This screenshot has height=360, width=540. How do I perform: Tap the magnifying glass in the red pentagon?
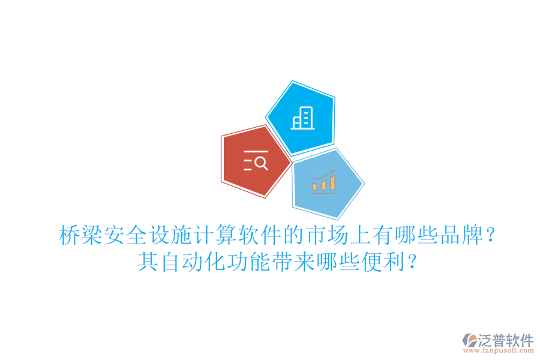click(260, 163)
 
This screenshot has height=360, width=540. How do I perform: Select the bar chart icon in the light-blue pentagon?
click(324, 182)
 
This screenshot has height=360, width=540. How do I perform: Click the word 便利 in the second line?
click(373, 262)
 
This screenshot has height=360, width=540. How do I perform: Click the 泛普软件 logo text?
click(506, 341)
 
